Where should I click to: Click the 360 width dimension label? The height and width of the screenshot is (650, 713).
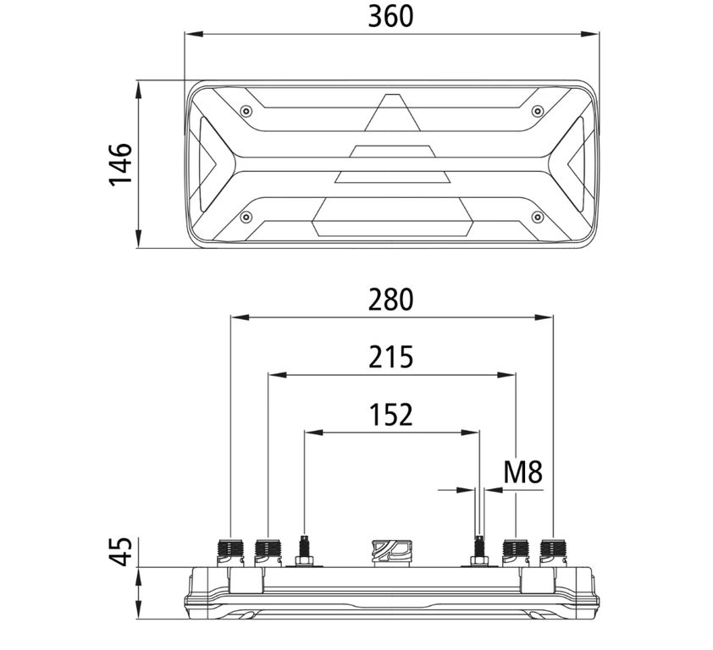[390, 16]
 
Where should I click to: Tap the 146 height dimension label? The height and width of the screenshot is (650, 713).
[120, 164]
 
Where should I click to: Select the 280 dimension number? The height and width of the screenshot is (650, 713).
[390, 300]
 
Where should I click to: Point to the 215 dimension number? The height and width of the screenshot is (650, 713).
[390, 357]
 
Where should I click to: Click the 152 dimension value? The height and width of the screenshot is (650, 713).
[390, 415]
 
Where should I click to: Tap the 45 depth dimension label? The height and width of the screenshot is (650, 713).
[120, 551]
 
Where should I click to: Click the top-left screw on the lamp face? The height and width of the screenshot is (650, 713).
[246, 111]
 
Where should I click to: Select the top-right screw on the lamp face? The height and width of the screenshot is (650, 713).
[538, 111]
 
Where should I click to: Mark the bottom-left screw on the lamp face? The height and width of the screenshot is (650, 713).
[246, 217]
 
